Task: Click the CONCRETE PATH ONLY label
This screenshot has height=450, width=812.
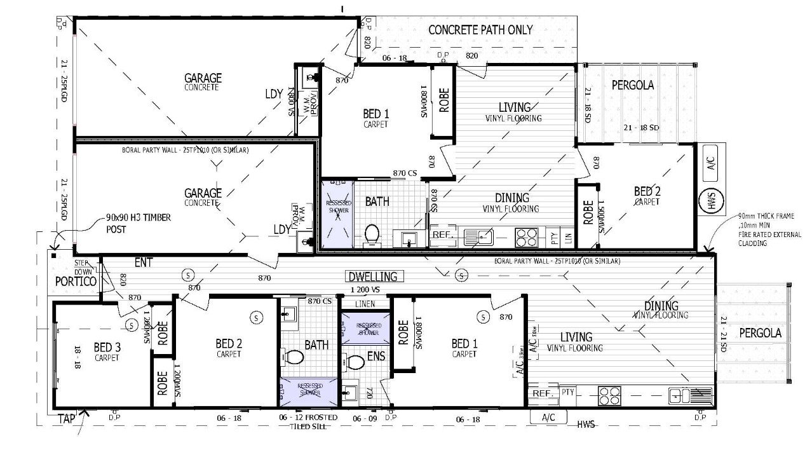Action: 480,30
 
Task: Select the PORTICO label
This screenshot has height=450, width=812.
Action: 75,281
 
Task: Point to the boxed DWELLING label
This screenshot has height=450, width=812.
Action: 373,276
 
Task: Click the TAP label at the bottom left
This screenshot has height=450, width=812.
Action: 67,419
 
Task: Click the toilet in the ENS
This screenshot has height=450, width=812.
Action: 355,362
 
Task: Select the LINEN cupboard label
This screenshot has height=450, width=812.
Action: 365,304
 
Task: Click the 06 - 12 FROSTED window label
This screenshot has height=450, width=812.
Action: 308,418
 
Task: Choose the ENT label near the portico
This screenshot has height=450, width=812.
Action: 143,261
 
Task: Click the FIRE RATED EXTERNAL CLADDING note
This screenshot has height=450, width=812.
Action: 766,229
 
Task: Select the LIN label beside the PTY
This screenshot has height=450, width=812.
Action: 567,238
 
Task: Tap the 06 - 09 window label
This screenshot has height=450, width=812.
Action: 365,418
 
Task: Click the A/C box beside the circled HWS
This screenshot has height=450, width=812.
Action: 710,163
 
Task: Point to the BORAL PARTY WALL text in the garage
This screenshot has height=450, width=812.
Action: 185,151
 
